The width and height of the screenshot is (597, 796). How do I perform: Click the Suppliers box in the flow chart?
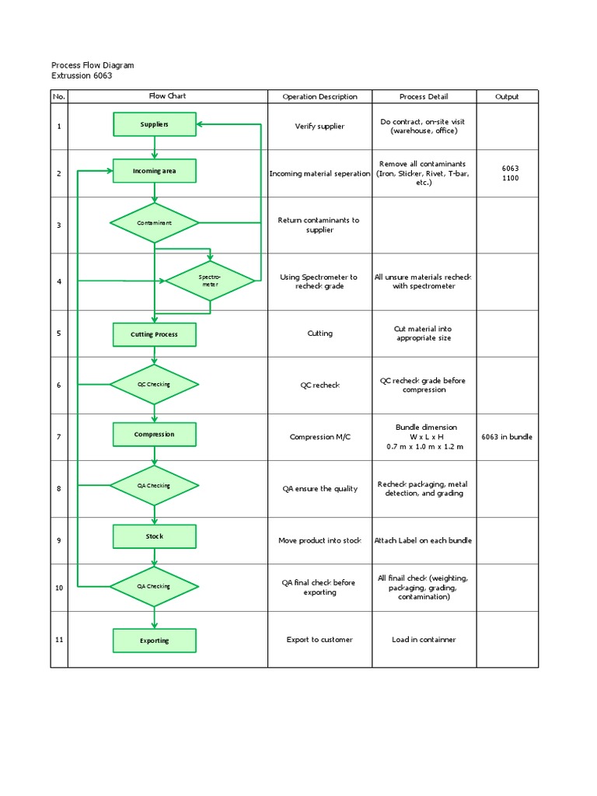154,124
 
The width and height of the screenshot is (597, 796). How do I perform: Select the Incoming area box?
154,171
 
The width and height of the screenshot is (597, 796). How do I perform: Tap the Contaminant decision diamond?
154,223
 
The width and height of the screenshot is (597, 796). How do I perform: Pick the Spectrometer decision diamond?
210,281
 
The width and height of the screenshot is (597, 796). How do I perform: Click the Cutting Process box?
154,334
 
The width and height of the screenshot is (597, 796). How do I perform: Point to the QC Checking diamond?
154,384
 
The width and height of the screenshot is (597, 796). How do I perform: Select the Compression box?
154,435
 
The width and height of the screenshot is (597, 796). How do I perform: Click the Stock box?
154,536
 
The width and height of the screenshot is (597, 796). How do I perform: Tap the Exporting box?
154,641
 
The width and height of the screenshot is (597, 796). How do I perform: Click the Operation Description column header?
319,97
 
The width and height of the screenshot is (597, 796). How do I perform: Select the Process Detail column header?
424,97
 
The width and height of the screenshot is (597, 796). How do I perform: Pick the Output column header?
507,97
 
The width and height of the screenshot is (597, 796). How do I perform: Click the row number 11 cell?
59,640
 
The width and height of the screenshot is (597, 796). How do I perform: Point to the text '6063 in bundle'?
507,437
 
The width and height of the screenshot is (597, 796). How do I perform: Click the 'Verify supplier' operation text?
319,126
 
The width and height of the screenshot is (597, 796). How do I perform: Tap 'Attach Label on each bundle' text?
424,540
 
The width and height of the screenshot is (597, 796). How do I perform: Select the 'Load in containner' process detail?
424,640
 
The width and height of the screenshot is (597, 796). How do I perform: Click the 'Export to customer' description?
319,640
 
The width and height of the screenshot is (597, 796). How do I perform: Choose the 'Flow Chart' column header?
167,96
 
